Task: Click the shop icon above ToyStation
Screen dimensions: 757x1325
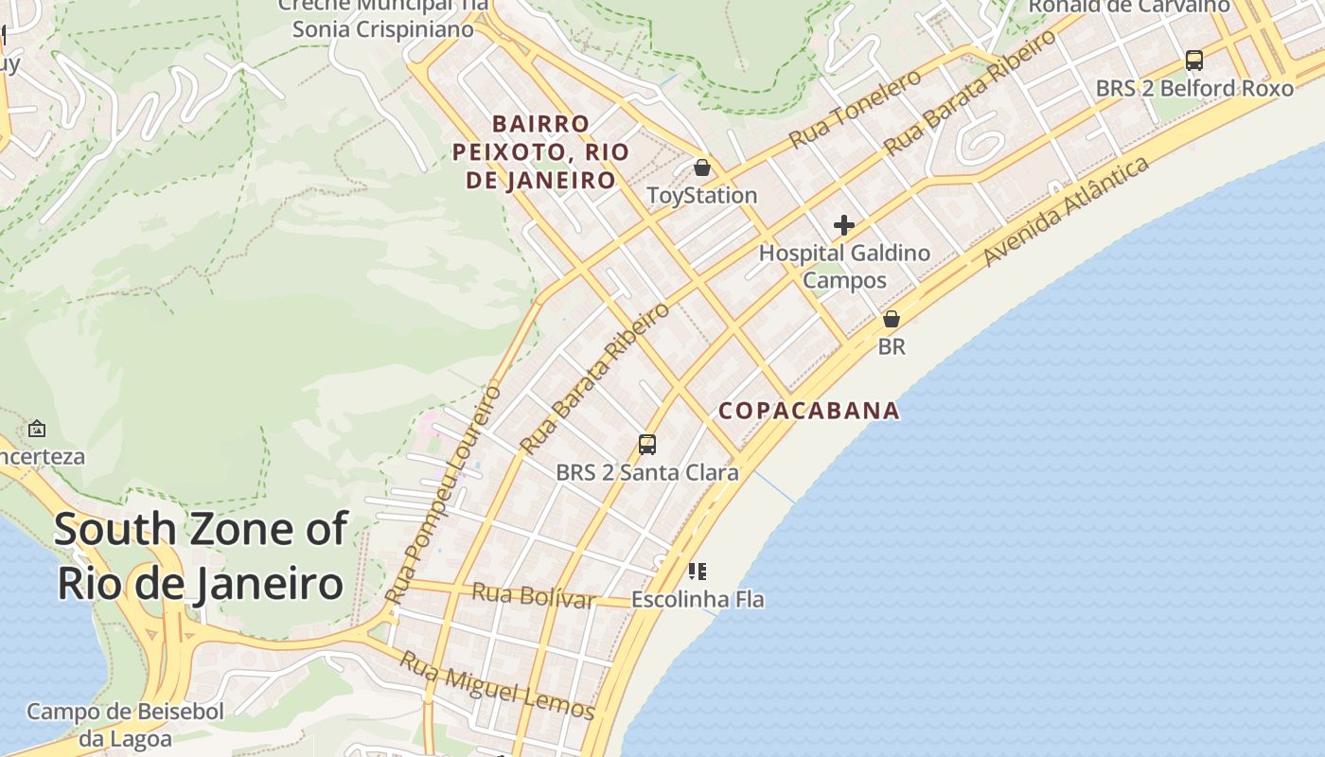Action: point(702,167)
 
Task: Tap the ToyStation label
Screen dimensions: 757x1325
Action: point(701,196)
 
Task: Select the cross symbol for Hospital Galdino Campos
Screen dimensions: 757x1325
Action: point(843,225)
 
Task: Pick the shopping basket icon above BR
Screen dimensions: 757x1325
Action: point(891,319)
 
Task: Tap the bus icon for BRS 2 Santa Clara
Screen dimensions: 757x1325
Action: point(647,444)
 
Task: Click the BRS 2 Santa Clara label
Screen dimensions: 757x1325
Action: point(647,472)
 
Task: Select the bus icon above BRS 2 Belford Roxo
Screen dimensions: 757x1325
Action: point(1194,61)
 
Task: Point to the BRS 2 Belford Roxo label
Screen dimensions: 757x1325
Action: point(1194,89)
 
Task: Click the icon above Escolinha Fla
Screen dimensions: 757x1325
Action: point(698,571)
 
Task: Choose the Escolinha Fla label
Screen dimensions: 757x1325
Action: point(698,600)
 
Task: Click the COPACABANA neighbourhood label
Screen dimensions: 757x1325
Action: point(809,411)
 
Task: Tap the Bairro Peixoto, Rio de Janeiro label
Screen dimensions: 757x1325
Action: point(541,151)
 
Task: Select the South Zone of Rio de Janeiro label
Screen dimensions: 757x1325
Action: point(201,556)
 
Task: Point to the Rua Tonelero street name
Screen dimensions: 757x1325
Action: point(855,110)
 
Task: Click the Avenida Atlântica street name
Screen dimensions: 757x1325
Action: point(1067,211)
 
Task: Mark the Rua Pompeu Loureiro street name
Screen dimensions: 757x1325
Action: point(443,494)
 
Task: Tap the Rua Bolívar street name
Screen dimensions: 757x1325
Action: point(533,596)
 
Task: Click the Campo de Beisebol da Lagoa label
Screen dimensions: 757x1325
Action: point(125,725)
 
